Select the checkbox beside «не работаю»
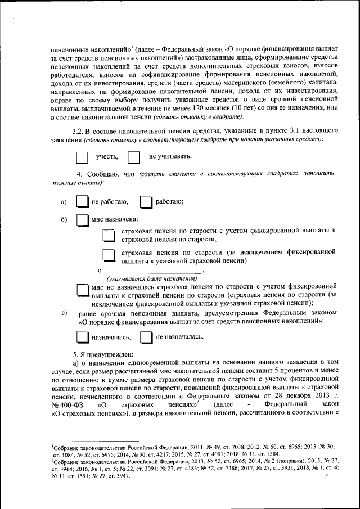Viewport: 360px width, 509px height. pos(82,201)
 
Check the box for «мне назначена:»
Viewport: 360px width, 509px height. pos(82,219)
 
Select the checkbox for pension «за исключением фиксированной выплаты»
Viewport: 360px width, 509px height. pos(109,256)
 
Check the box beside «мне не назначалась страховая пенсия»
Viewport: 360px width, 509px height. pos(82,291)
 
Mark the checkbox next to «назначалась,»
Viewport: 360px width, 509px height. pos(82,337)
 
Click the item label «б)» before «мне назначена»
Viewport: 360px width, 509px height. pos(64,219)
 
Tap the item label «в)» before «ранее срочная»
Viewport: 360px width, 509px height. pos(64,313)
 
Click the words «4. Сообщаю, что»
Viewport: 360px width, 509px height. pos(107,175)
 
